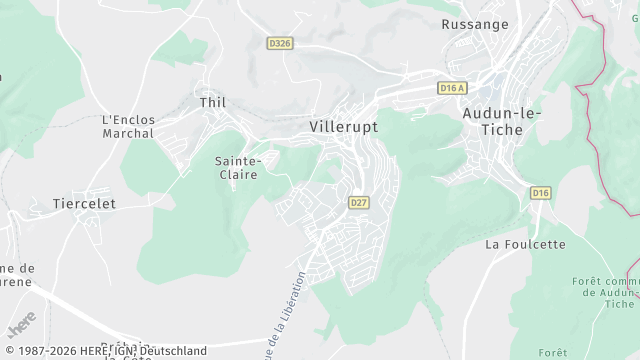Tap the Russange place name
point(475,24)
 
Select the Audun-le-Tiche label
point(502,123)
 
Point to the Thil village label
point(213,103)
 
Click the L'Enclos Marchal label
point(128,126)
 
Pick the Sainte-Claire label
point(239,167)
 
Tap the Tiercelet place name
point(84,203)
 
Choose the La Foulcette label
point(525,244)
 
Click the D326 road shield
point(280,43)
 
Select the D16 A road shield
point(452,88)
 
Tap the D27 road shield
point(359,202)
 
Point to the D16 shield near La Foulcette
point(541,192)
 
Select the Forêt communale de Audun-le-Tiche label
point(606,292)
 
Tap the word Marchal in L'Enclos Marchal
point(128,133)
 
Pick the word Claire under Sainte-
point(239,174)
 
